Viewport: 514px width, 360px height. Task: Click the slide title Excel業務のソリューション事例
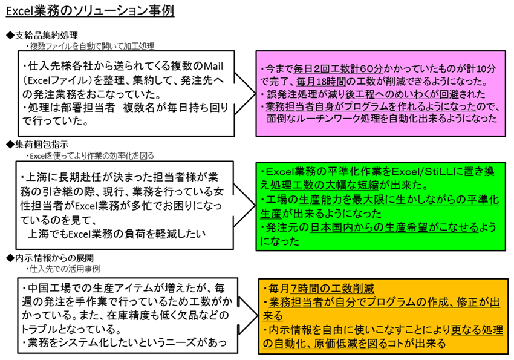pyautogui.click(x=90, y=11)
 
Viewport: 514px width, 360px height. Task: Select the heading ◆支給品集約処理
pyautogui.click(x=42, y=36)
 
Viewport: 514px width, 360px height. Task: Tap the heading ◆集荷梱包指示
pyautogui.click(x=37, y=144)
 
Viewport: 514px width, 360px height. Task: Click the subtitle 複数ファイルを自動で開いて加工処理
pyautogui.click(x=90, y=46)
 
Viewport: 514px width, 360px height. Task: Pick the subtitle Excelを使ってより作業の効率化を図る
pyautogui.click(x=90, y=155)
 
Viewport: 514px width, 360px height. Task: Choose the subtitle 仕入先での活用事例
pyautogui.click(x=63, y=269)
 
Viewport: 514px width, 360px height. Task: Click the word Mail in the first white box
pyautogui.click(x=213, y=66)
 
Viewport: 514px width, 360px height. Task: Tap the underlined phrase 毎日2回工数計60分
pyautogui.click(x=338, y=69)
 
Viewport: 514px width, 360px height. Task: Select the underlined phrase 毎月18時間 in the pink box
pyautogui.click(x=321, y=81)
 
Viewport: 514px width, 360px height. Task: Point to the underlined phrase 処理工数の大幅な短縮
pyautogui.click(x=324, y=186)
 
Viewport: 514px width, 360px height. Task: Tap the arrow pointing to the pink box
pyautogui.click(x=245, y=94)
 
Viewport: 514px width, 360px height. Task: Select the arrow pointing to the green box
pyautogui.click(x=244, y=205)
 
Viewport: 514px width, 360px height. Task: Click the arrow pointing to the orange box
pyautogui.click(x=249, y=316)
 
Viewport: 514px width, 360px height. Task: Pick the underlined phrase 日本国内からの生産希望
pyautogui.click(x=369, y=227)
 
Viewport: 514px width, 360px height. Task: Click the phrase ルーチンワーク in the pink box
pyautogui.click(x=328, y=118)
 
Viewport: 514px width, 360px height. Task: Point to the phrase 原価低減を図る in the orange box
pyautogui.click(x=351, y=343)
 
